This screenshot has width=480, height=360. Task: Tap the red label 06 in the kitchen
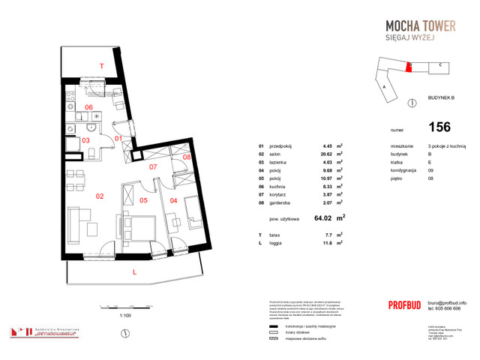click(88, 107)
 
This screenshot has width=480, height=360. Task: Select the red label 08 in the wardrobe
click(186, 157)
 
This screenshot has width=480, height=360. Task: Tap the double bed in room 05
click(139, 224)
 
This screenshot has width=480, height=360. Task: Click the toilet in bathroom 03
click(91, 152)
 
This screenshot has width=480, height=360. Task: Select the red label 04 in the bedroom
click(173, 200)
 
